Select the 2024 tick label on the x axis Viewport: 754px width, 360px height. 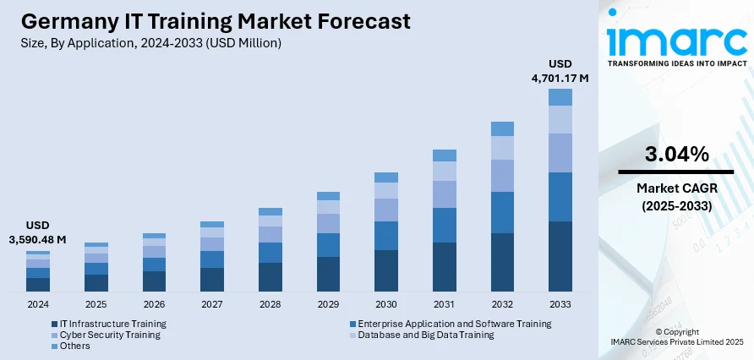pyautogui.click(x=37, y=304)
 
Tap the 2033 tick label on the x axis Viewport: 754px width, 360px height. pyautogui.click(x=560, y=304)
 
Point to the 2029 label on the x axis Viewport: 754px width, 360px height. pyautogui.click(x=328, y=304)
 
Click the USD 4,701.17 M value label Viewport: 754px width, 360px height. pyautogui.click(x=560, y=71)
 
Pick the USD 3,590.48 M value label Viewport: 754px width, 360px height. pyautogui.click(x=38, y=233)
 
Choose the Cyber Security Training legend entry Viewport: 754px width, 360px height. pyautogui.click(x=105, y=335)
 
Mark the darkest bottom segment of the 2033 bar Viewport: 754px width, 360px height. pyautogui.click(x=560, y=257)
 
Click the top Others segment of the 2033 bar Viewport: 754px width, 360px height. pyautogui.click(x=560, y=97)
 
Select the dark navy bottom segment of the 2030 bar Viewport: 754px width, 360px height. pyautogui.click(x=386, y=271)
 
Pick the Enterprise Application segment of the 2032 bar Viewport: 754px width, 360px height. pyautogui.click(x=502, y=212)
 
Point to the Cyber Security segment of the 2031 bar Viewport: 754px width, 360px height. pyautogui.click(x=444, y=194)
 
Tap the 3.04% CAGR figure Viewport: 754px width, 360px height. pyautogui.click(x=676, y=155)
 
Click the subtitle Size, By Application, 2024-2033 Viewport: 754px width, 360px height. pyautogui.click(x=149, y=42)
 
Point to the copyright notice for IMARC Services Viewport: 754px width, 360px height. pyautogui.click(x=676, y=337)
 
